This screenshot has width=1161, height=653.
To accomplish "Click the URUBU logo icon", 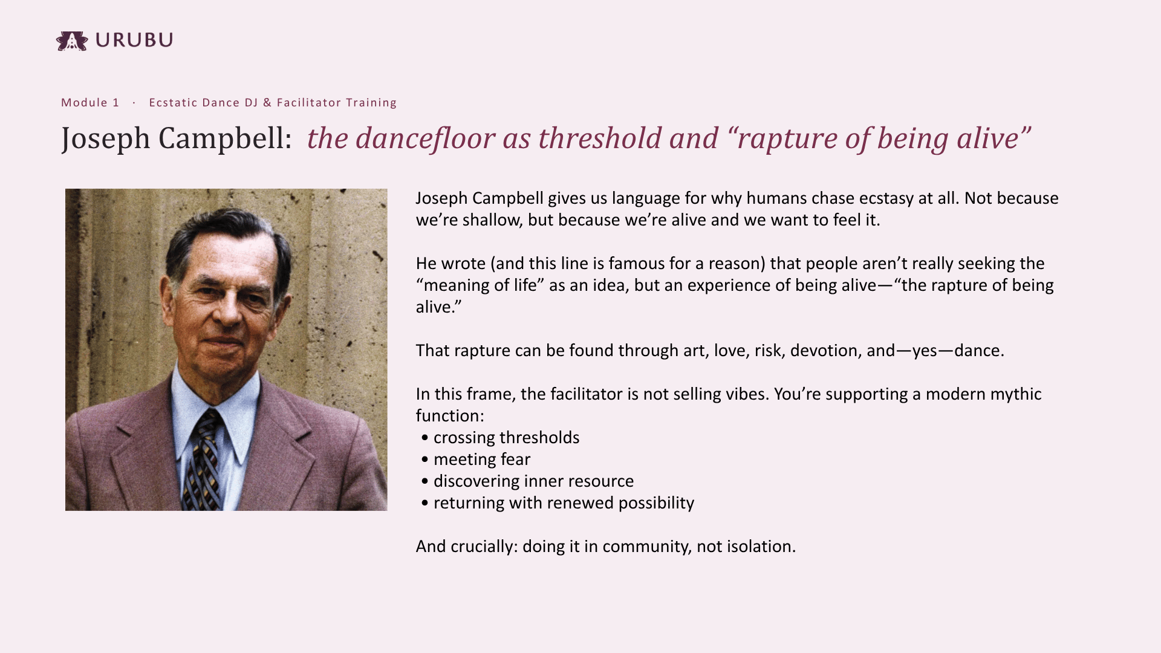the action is pos(72,41).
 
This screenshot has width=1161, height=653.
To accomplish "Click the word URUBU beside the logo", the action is pos(134,40).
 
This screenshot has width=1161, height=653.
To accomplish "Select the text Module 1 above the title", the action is pos(90,103).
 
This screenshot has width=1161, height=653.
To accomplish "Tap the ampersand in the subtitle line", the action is pos(267,103).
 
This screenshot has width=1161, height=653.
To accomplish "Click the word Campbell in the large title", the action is pos(226,138).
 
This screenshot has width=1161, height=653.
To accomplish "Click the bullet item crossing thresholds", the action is pos(507,438).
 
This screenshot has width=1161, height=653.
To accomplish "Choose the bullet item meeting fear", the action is pos(482,460).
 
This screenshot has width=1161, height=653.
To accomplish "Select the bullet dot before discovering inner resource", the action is pos(425,482).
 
